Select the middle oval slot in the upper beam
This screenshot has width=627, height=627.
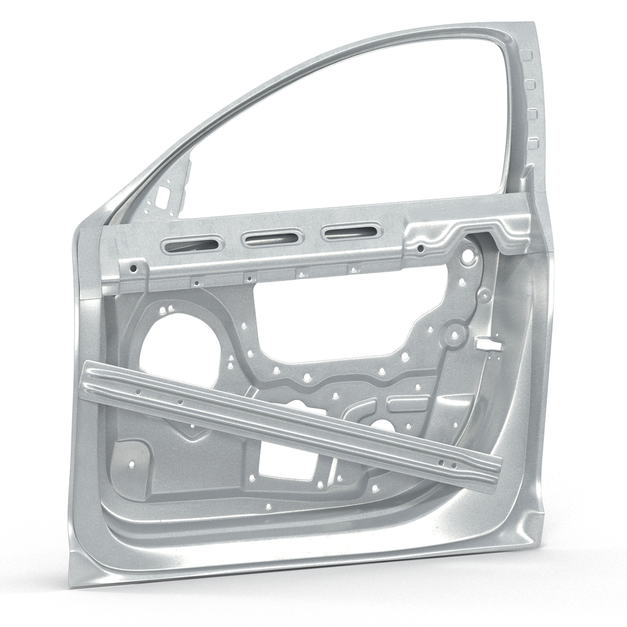click(x=272, y=237)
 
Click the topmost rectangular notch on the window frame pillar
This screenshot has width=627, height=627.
click(x=527, y=56)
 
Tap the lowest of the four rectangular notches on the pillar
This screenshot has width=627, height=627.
click(x=532, y=143)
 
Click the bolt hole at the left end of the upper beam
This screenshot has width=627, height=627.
click(x=134, y=269)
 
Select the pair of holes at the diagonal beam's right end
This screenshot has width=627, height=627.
click(x=447, y=463)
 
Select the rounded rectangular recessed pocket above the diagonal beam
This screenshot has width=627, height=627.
click(x=408, y=402)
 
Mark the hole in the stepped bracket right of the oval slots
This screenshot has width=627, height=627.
click(x=420, y=248)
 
